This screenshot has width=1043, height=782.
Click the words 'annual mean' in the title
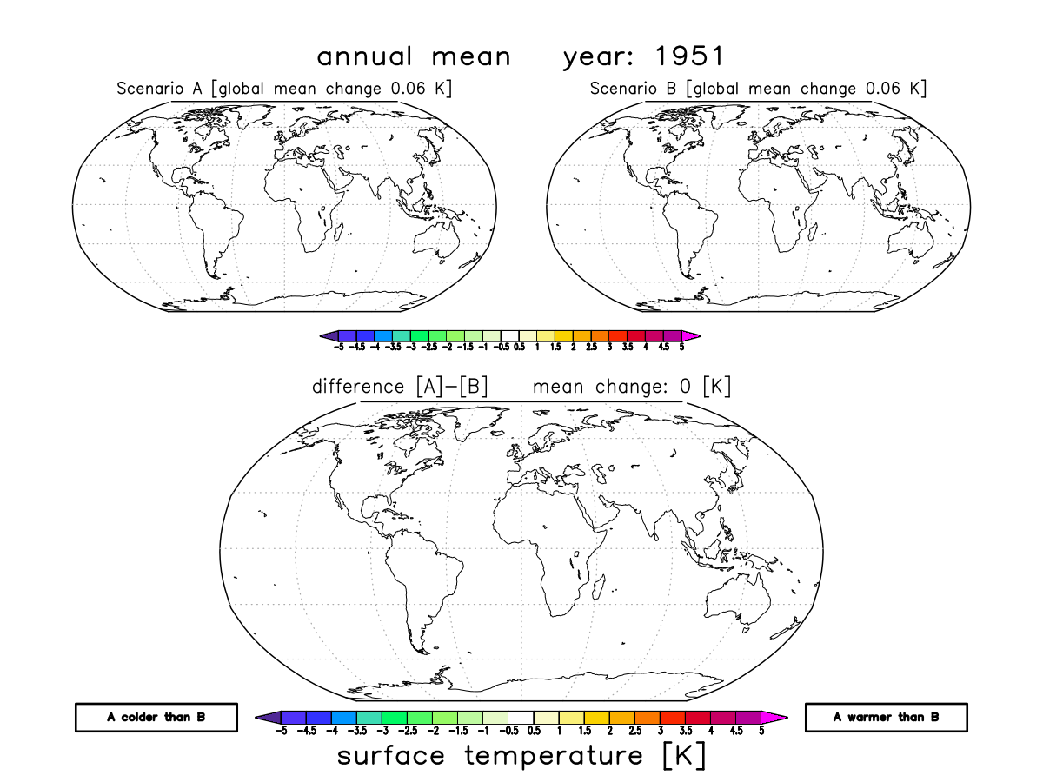tap(414, 57)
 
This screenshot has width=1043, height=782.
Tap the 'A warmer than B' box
tap(887, 717)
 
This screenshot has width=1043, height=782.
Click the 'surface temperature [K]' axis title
tap(521, 756)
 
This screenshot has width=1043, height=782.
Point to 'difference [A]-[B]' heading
tap(400, 387)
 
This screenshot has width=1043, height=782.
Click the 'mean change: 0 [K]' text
tap(632, 387)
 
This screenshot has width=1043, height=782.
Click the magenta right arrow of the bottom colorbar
tap(777, 717)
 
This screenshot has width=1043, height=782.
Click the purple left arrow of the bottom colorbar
tap(266, 717)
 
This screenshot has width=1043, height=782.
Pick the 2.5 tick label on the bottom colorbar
tap(635, 732)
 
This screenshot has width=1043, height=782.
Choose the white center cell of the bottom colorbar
tap(521, 717)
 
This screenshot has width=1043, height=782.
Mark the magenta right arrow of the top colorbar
tap(692, 335)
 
